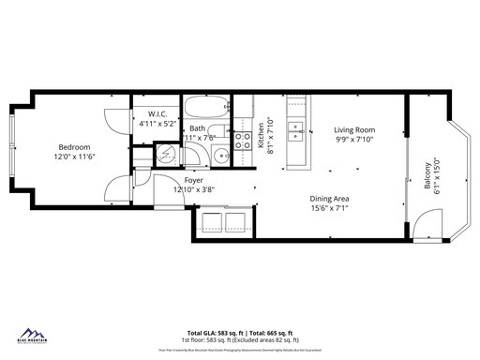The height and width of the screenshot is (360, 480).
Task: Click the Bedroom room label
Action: pos(74,147)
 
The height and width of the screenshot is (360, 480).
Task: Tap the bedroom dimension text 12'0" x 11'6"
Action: pos(74,157)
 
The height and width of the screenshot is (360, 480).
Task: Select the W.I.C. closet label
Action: pos(150,112)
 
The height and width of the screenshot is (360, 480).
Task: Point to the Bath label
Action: pos(198,128)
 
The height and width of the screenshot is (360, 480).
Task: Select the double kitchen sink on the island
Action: pos(296,130)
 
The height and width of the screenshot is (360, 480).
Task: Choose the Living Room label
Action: pos(355,130)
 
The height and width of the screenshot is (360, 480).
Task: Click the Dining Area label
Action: pos(330,199)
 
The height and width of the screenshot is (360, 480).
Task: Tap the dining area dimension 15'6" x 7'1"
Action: pos(330,209)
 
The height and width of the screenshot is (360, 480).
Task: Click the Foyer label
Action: pos(194,180)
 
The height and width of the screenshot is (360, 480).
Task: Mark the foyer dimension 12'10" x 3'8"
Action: pos(194,189)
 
